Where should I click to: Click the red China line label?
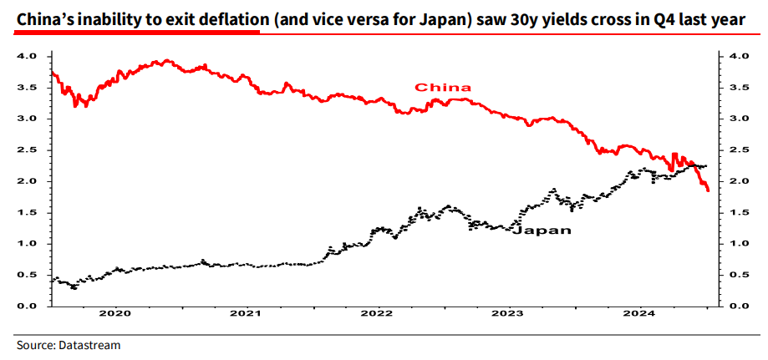(x=443, y=87)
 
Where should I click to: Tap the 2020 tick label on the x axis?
(x=115, y=315)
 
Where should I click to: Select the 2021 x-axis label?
(x=246, y=315)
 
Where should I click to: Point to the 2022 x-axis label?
(x=377, y=315)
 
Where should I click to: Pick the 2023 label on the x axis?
(x=508, y=315)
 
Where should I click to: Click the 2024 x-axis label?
(x=639, y=315)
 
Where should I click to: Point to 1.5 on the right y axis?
(x=738, y=213)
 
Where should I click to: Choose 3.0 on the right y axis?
(x=738, y=119)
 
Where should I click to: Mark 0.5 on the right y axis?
(x=738, y=276)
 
